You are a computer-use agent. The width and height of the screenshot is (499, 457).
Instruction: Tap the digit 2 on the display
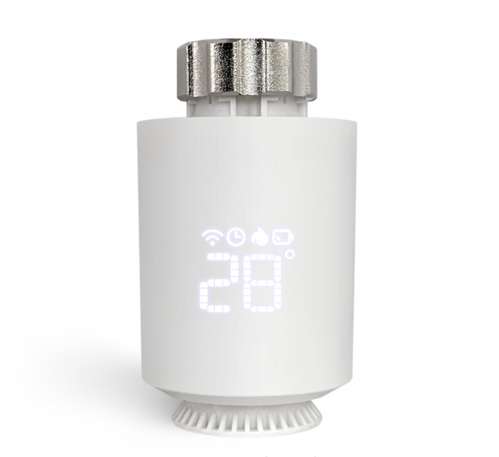point(222,283)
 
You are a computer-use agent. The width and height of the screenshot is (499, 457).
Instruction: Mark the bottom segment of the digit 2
point(222,308)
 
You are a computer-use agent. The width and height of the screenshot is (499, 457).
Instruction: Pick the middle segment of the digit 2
point(222,283)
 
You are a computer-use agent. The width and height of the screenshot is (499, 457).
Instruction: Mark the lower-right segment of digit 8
point(284,296)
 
